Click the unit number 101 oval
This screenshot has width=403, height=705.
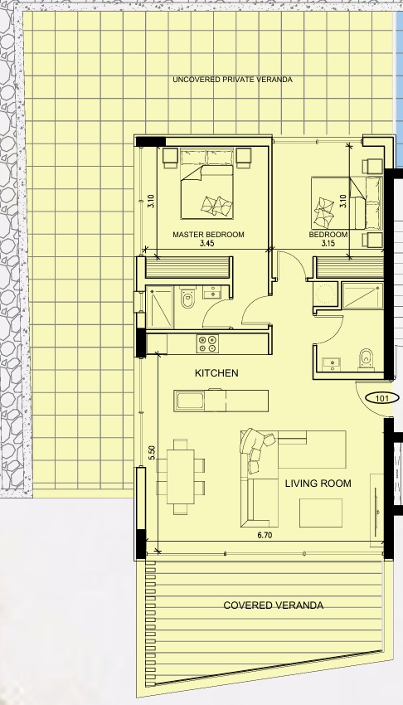click(380, 398)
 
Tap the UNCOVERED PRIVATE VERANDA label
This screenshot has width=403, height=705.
click(233, 80)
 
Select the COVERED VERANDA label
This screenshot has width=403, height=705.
click(273, 605)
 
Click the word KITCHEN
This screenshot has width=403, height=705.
click(216, 372)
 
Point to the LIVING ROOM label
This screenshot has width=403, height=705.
click(318, 484)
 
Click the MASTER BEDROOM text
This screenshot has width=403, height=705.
click(208, 234)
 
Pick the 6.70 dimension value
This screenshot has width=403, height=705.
click(265, 535)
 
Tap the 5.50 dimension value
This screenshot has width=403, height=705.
click(152, 452)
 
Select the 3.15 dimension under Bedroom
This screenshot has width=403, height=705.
click(329, 244)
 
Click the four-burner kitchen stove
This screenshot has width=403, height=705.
click(207, 344)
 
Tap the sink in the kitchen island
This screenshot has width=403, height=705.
click(190, 401)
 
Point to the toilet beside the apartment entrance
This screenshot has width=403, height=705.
click(367, 359)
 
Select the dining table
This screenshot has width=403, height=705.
click(181, 477)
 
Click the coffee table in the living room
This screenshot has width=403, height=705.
click(321, 513)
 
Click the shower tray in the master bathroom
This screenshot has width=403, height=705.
click(160, 307)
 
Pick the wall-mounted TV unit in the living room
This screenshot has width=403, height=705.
click(376, 509)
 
